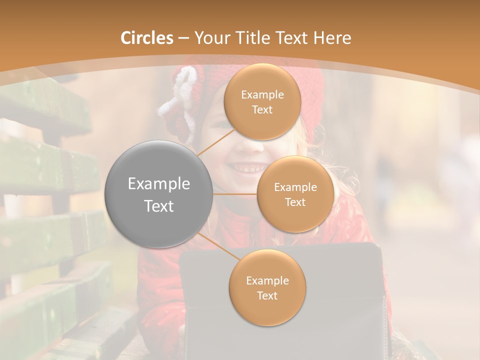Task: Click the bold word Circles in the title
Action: (147, 38)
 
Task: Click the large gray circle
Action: (159, 194)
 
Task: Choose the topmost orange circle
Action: (262, 101)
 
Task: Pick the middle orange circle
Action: (295, 194)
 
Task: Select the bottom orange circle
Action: (267, 287)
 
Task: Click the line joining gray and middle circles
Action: (234, 194)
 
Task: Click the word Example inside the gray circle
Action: (159, 184)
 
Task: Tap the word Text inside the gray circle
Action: (159, 206)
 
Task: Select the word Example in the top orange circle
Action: (262, 95)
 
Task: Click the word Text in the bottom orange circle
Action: (267, 295)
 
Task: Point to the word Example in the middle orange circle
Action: (295, 187)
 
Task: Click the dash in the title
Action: (183, 38)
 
